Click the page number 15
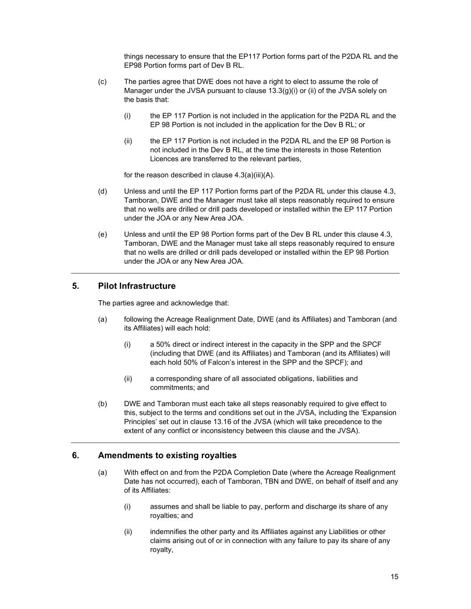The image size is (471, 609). tap(394, 577)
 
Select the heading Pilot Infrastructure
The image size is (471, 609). tap(137, 286)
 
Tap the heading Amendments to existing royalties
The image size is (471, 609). tap(167, 456)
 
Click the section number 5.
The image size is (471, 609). tap(75, 286)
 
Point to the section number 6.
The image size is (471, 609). tap(75, 456)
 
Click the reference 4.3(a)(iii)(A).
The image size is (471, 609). tap(254, 175)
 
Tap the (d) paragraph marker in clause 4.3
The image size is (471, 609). tap(102, 191)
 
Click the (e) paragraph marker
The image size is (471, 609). tap(102, 234)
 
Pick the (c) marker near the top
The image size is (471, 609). tap(102, 82)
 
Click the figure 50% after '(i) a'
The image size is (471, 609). tap(164, 344)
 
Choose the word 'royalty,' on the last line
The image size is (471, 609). tap(162, 550)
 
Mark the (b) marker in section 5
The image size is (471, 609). tap(102, 404)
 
